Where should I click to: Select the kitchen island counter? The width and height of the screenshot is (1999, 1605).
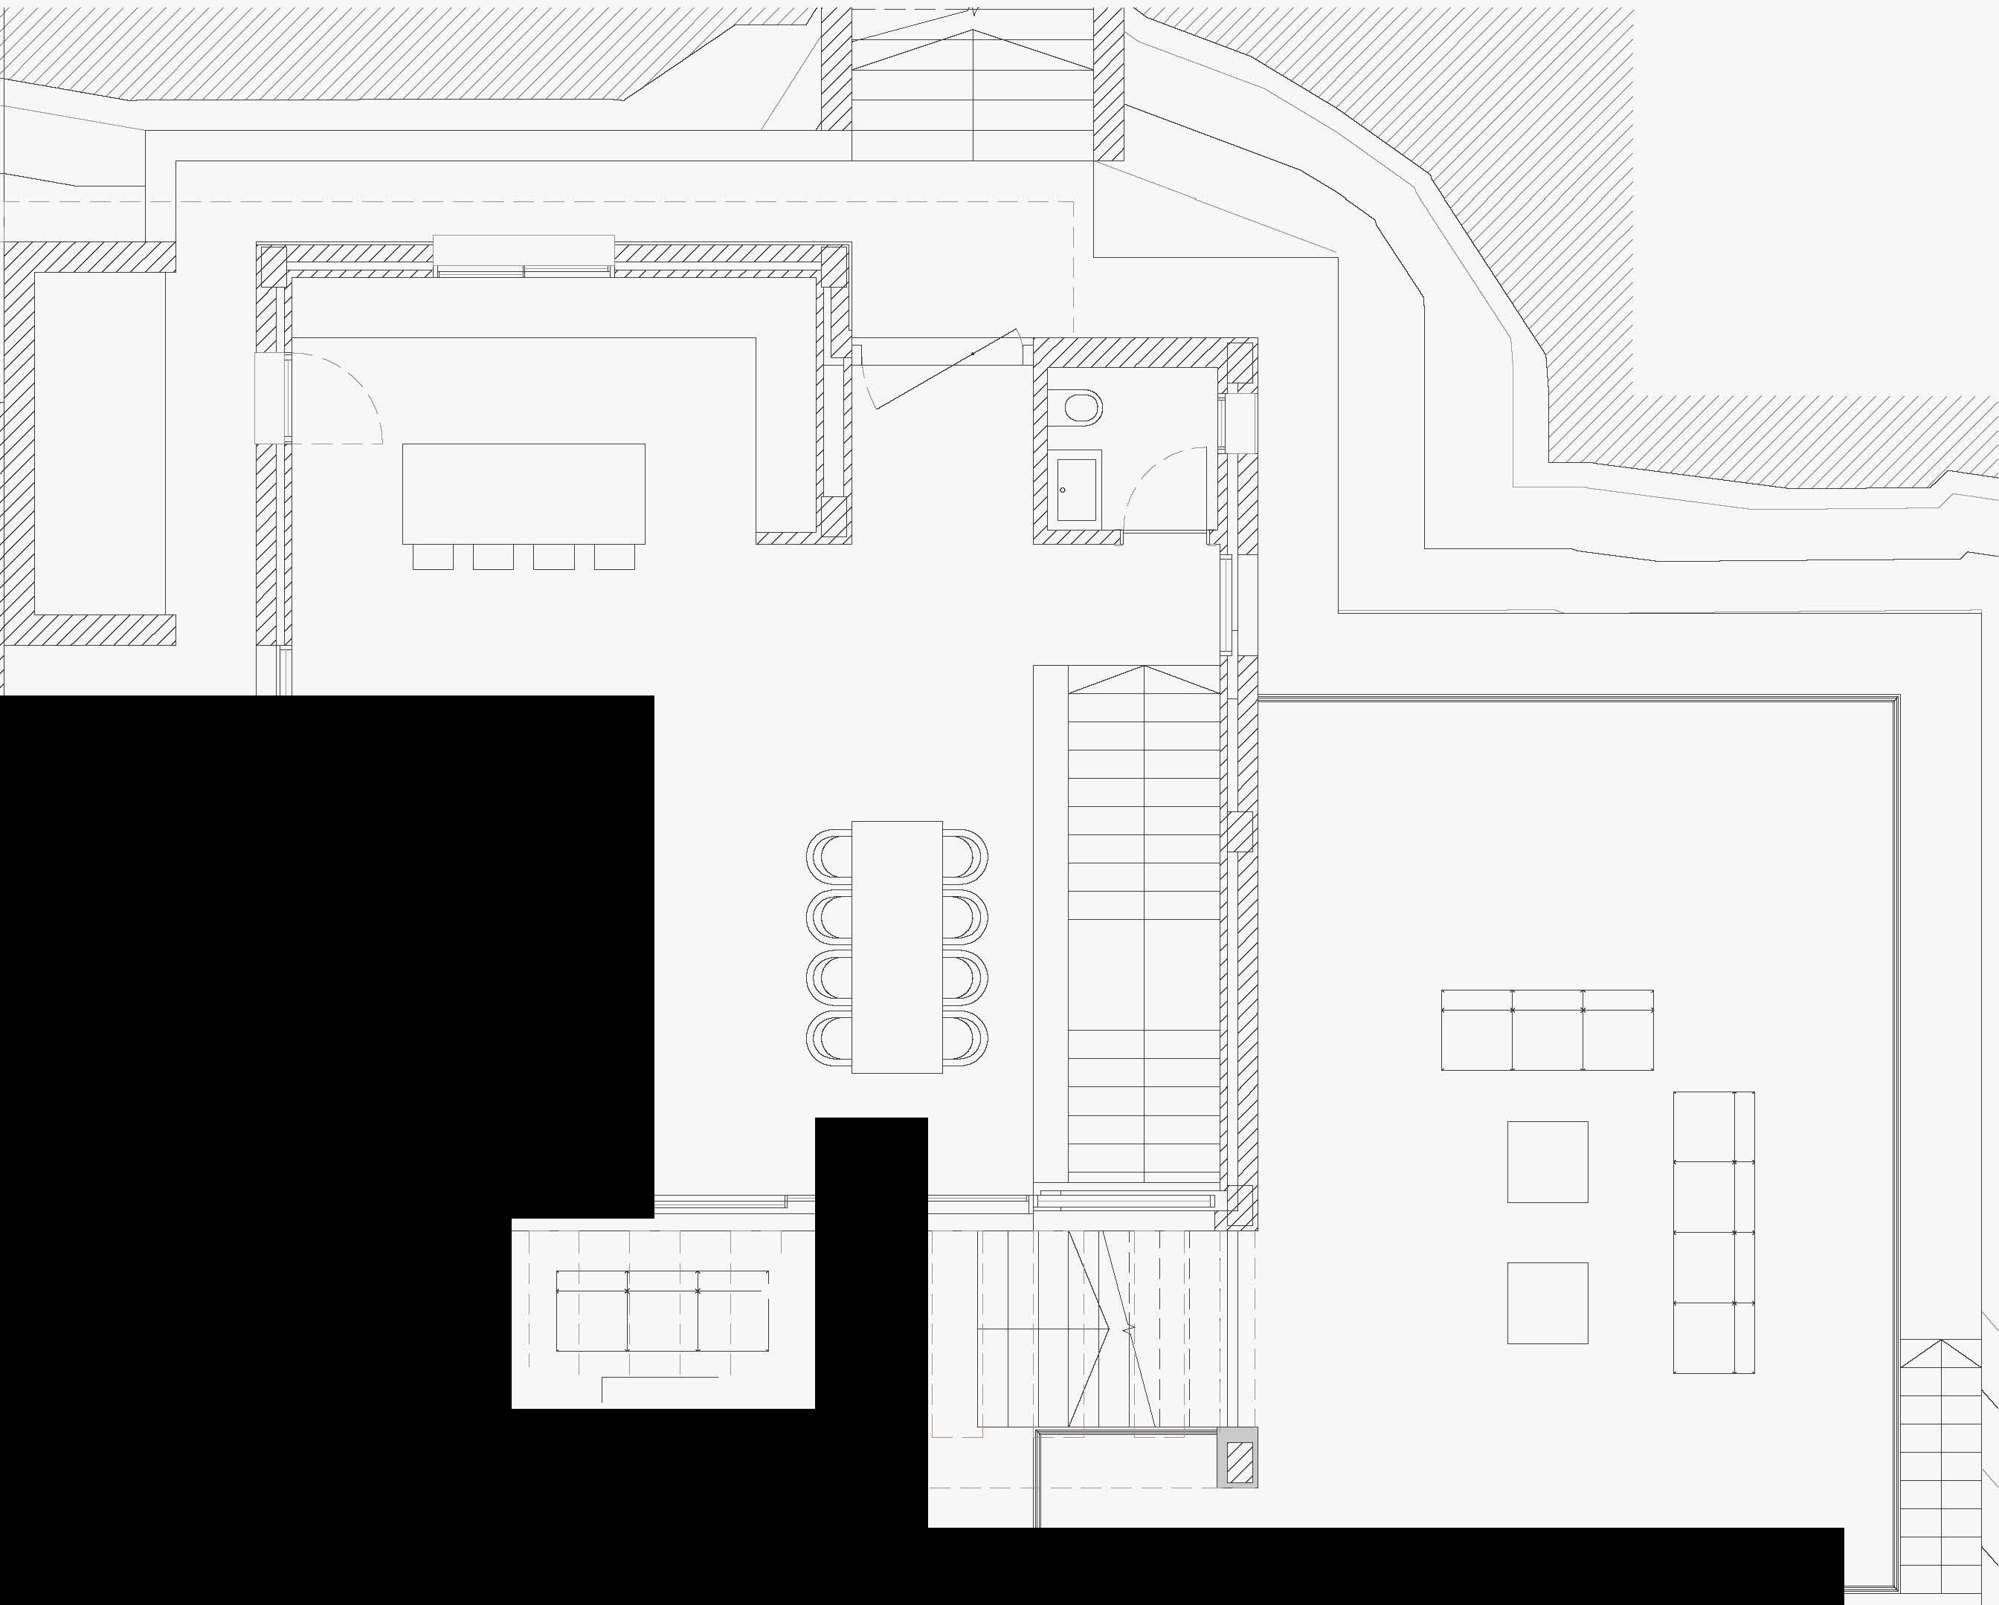[523, 493]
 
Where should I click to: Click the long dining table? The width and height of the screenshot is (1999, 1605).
[897, 946]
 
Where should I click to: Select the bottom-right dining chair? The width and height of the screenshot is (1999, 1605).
[965, 1038]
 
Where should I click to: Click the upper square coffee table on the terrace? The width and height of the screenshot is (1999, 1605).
[1547, 1161]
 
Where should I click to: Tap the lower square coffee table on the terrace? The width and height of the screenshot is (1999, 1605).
[1547, 1302]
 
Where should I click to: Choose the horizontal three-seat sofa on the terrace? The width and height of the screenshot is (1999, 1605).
[1547, 1030]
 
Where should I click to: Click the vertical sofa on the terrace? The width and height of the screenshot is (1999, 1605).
[1713, 1231]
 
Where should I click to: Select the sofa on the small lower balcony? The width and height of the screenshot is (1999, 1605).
[662, 1310]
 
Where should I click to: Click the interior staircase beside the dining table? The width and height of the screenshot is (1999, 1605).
[1144, 927]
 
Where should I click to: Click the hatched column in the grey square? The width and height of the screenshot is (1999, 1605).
[1239, 1463]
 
